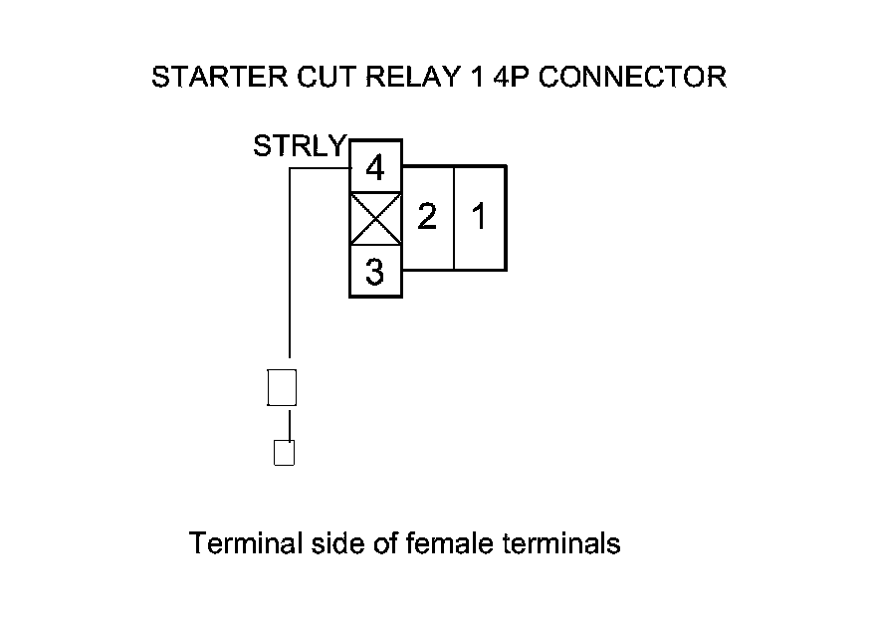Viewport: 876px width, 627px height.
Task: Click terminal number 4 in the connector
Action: tap(375, 168)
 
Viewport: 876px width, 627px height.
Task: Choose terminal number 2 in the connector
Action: tap(427, 217)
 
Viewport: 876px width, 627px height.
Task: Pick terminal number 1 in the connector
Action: tap(480, 217)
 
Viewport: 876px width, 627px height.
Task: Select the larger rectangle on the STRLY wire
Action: tap(283, 386)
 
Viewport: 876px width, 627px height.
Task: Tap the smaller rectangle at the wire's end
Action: tap(284, 453)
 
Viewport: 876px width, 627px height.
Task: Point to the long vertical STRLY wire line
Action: tap(289, 269)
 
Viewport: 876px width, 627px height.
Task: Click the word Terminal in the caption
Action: tap(245, 544)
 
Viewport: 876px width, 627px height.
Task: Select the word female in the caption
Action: tap(453, 544)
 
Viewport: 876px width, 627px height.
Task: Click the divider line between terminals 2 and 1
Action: tap(454, 217)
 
